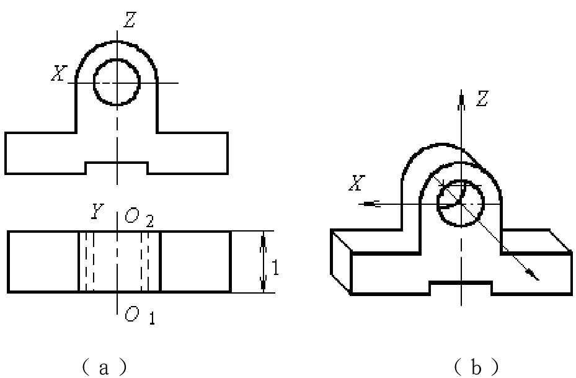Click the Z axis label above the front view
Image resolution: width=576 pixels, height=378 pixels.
coord(130,20)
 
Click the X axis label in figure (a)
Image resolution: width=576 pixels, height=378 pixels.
coord(59,73)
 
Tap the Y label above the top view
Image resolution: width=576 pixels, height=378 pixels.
coord(97,211)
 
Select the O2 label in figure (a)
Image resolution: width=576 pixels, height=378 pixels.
coord(139,218)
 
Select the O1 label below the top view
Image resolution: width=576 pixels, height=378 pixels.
coord(140,315)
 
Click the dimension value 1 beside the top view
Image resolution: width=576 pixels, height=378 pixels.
coord(275,268)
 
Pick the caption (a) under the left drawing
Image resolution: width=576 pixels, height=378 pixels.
coord(104,367)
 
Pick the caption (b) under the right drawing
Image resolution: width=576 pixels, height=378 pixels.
coord(476,367)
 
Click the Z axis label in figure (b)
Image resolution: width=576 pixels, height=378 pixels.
coord(482,99)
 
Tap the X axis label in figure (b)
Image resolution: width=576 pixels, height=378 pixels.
coord(357,182)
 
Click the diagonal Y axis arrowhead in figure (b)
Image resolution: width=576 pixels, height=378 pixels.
coord(532,274)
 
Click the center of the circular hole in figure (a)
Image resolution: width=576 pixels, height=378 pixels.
coord(117,83)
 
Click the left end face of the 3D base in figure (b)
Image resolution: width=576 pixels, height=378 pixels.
coord(341,262)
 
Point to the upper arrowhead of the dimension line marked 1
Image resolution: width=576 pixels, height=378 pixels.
coord(263,243)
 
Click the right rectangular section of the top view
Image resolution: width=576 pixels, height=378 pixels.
coord(196,262)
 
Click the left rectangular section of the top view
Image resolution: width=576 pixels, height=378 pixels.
coord(43,262)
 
